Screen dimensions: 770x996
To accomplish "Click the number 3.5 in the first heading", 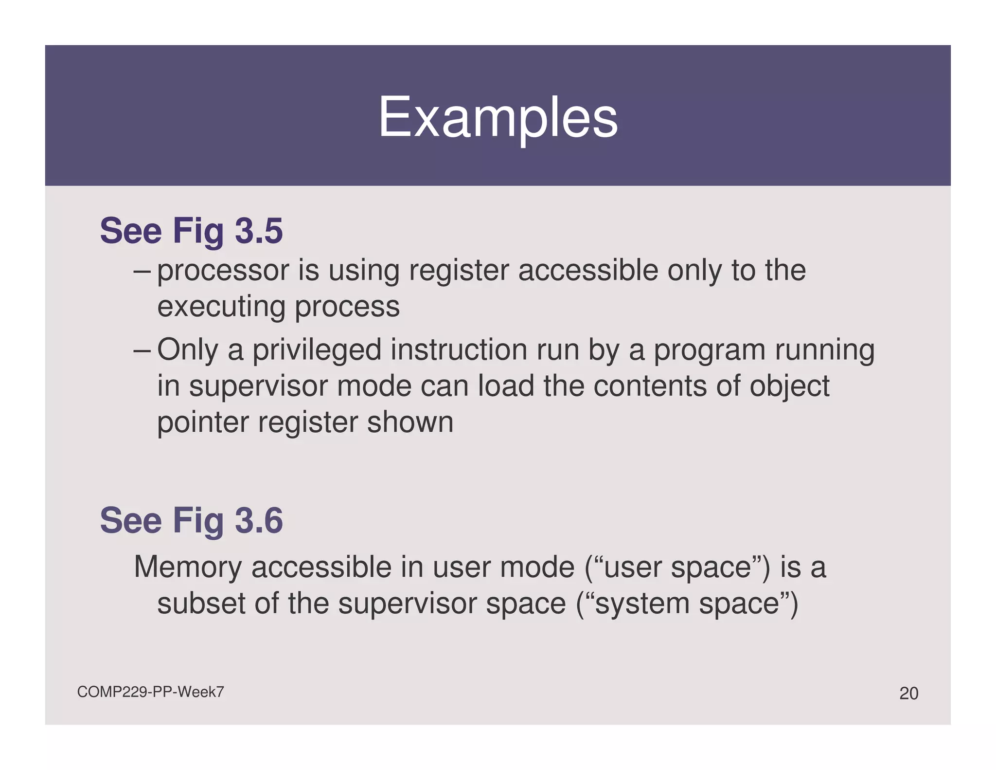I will point(259,231).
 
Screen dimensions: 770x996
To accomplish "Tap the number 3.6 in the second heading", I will point(259,520).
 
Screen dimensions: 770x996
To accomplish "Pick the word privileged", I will point(317,350).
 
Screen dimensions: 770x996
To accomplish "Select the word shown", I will point(409,422).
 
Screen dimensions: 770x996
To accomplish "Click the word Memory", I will point(188,568).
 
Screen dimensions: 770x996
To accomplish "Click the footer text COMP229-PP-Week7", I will point(150,692).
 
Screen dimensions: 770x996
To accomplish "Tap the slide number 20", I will point(908,693).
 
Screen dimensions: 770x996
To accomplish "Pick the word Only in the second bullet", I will point(188,350).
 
